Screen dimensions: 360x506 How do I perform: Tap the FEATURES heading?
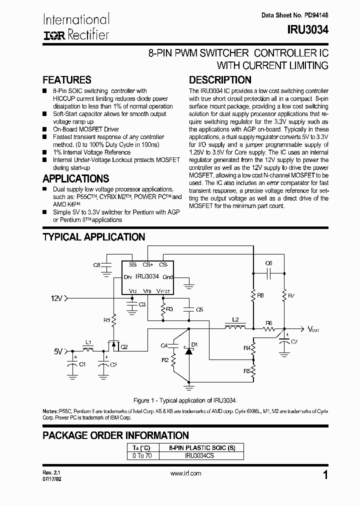click(x=67, y=80)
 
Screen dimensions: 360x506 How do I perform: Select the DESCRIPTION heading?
click(x=220, y=80)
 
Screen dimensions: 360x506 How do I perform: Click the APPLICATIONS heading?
click(x=75, y=178)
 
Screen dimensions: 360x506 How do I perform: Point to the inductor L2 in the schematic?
click(x=234, y=328)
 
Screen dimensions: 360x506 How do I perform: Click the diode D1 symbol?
click(x=188, y=351)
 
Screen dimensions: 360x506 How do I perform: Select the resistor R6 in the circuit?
click(x=269, y=329)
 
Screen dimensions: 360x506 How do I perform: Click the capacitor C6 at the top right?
click(x=268, y=273)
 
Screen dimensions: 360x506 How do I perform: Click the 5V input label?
click(x=58, y=351)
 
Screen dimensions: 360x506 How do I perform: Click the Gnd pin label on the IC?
click(x=167, y=276)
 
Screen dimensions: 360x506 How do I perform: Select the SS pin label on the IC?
click(x=132, y=264)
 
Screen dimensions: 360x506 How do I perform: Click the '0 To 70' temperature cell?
click(x=141, y=456)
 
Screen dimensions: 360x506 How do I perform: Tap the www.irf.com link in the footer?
click(x=185, y=473)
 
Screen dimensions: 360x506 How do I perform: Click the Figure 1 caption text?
click(x=185, y=400)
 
